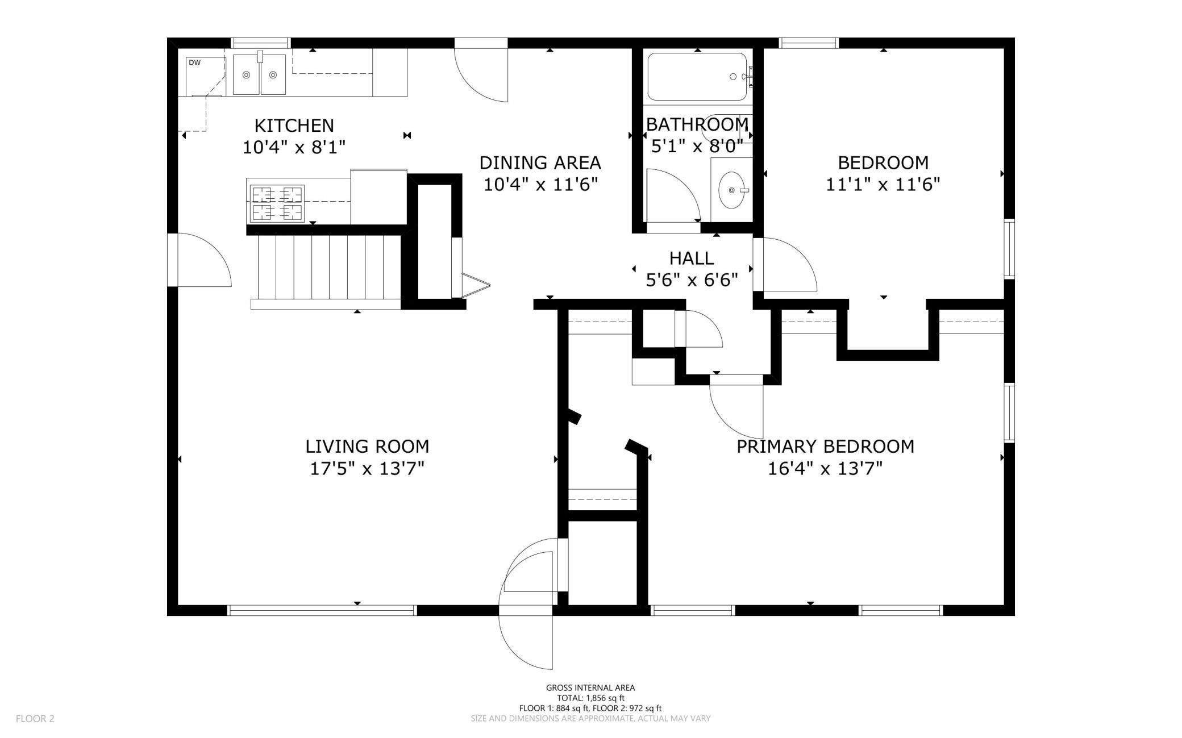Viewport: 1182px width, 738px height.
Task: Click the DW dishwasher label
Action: click(x=194, y=63)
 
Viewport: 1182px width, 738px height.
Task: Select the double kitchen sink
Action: click(x=259, y=74)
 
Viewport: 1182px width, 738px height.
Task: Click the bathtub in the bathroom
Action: click(x=697, y=77)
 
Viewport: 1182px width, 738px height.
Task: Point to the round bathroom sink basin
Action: click(x=731, y=190)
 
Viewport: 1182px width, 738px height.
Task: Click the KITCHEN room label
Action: click(x=294, y=126)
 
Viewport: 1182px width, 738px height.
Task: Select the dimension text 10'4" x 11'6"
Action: click(x=540, y=185)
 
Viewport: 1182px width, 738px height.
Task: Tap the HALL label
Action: click(x=692, y=258)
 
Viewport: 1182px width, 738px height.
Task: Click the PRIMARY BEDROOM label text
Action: click(x=825, y=447)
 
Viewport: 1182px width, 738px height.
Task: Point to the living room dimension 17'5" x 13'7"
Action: click(x=367, y=469)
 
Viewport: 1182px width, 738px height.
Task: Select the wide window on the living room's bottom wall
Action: click(x=322, y=610)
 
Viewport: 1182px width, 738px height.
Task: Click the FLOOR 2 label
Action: click(x=35, y=719)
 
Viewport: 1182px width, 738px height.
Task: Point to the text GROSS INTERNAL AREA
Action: click(x=590, y=688)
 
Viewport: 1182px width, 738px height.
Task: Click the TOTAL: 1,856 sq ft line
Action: click(x=590, y=698)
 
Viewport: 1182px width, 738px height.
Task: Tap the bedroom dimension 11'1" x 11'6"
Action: click(x=883, y=185)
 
